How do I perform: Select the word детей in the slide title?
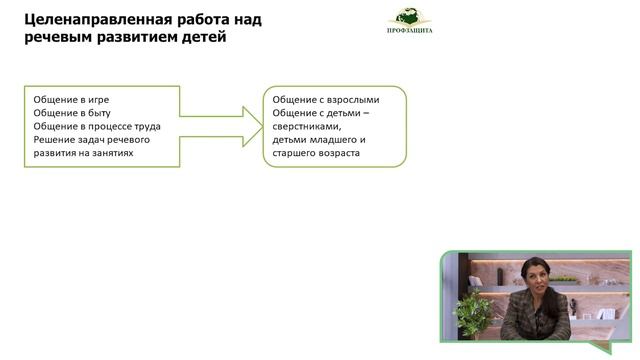(x=204, y=38)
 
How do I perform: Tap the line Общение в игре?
(x=71, y=100)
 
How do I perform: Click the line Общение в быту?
(x=71, y=113)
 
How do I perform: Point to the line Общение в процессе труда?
(x=97, y=126)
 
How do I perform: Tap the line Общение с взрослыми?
(x=333, y=100)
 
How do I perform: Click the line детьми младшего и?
(x=318, y=140)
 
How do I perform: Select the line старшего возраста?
(x=316, y=154)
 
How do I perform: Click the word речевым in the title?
(x=58, y=38)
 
